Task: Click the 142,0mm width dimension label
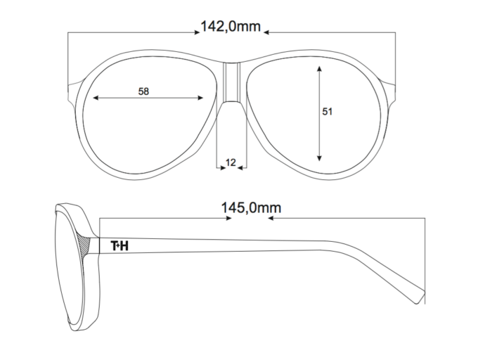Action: [x=231, y=27]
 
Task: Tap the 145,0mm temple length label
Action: [x=251, y=208]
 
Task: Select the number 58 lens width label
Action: [x=143, y=91]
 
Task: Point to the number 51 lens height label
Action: [x=327, y=112]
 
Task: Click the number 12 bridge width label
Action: [x=231, y=163]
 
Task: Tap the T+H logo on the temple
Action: [x=119, y=245]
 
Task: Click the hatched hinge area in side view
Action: [x=84, y=244]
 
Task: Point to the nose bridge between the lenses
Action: [x=232, y=82]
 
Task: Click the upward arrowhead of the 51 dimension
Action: [x=319, y=68]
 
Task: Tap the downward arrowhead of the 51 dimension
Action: [x=319, y=158]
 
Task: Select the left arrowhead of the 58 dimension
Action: [x=96, y=98]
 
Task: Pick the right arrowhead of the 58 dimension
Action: [x=200, y=98]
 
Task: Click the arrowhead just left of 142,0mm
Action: [x=197, y=32]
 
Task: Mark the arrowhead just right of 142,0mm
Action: [x=266, y=32]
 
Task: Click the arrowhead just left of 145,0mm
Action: [x=228, y=218]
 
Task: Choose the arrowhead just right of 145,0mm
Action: [x=271, y=218]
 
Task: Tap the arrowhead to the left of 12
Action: [x=223, y=167]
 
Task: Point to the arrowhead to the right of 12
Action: [x=240, y=167]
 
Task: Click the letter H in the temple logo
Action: [x=124, y=245]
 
